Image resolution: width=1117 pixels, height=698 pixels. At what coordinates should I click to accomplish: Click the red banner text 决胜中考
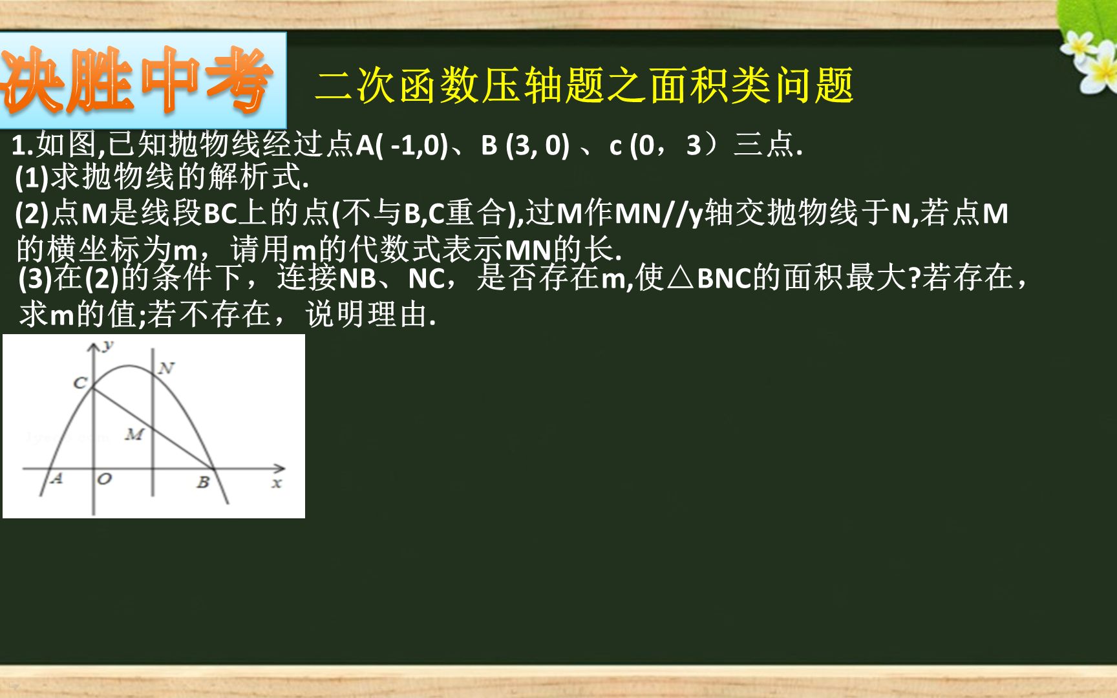(x=139, y=81)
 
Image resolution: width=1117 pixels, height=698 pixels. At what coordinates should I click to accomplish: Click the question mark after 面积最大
(x=914, y=279)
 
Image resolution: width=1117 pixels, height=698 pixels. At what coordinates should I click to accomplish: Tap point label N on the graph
(x=166, y=368)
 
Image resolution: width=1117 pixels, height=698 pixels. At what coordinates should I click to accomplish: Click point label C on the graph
(x=80, y=383)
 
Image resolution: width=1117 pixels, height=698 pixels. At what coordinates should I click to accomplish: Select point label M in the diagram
(x=134, y=434)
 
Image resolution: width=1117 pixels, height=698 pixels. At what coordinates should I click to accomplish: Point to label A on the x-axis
(x=56, y=479)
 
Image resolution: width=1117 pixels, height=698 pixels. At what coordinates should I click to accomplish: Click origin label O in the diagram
(x=104, y=480)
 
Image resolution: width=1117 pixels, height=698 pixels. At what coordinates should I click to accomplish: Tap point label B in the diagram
(x=203, y=482)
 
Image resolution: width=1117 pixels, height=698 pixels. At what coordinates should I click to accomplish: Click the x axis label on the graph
(x=277, y=483)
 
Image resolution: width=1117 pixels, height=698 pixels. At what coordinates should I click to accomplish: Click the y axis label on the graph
(x=108, y=345)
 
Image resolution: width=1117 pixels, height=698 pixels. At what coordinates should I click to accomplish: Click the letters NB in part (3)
(x=357, y=279)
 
